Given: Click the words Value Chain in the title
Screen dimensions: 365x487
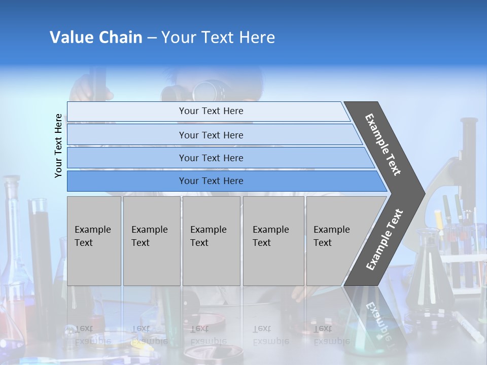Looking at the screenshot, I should [96, 38].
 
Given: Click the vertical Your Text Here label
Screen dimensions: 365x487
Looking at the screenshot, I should [58, 146].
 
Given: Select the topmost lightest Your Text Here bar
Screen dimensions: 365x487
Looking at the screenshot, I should [211, 111].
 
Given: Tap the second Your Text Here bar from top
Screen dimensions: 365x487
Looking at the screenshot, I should [211, 135].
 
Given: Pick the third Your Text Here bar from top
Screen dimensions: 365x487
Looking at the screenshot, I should [211, 158].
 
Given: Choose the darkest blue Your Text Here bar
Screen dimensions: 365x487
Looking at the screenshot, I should [211, 181].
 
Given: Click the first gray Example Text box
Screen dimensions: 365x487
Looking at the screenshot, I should [94, 241].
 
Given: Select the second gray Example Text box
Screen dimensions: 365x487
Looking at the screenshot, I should [151, 241].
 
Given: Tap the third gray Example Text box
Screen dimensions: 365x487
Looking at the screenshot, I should [211, 241].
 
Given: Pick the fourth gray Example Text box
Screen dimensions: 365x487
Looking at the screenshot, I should [273, 241].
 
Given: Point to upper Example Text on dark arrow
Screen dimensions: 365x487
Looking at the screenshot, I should [383, 144].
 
